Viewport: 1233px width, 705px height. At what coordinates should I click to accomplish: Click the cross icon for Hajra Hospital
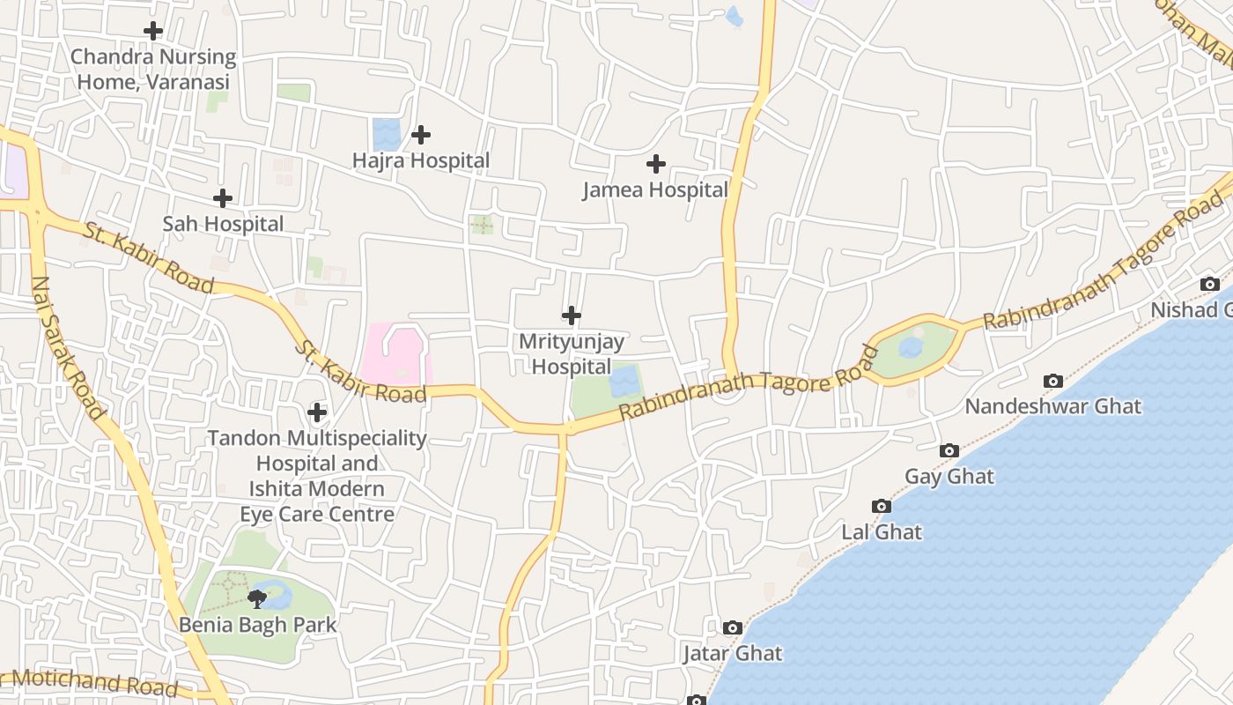[421, 135]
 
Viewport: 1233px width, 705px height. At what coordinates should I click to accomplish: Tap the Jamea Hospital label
[655, 189]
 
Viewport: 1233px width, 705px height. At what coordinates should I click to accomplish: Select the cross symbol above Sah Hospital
[223, 198]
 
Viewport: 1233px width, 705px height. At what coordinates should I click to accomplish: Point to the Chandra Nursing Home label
[153, 70]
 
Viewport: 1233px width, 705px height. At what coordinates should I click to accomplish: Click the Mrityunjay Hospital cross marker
[572, 315]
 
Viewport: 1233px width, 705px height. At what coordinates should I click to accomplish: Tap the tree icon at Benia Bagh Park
[257, 599]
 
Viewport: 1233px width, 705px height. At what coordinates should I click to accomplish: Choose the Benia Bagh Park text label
[257, 625]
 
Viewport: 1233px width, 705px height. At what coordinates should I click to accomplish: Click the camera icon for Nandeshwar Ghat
[1052, 381]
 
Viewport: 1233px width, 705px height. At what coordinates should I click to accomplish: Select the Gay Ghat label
[949, 477]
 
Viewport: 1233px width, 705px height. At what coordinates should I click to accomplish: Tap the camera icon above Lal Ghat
[881, 506]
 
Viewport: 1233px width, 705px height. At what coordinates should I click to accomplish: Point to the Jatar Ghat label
[733, 654]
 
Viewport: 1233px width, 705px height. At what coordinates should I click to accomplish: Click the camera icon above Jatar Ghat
[732, 627]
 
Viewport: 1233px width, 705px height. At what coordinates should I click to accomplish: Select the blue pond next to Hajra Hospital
[386, 134]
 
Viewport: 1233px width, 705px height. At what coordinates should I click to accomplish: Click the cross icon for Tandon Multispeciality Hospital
[317, 412]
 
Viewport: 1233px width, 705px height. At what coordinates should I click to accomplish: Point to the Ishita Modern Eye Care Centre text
[316, 501]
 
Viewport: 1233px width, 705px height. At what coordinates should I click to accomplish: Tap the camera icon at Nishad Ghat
[1210, 284]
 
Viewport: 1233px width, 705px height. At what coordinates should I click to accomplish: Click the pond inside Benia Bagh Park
[277, 597]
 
